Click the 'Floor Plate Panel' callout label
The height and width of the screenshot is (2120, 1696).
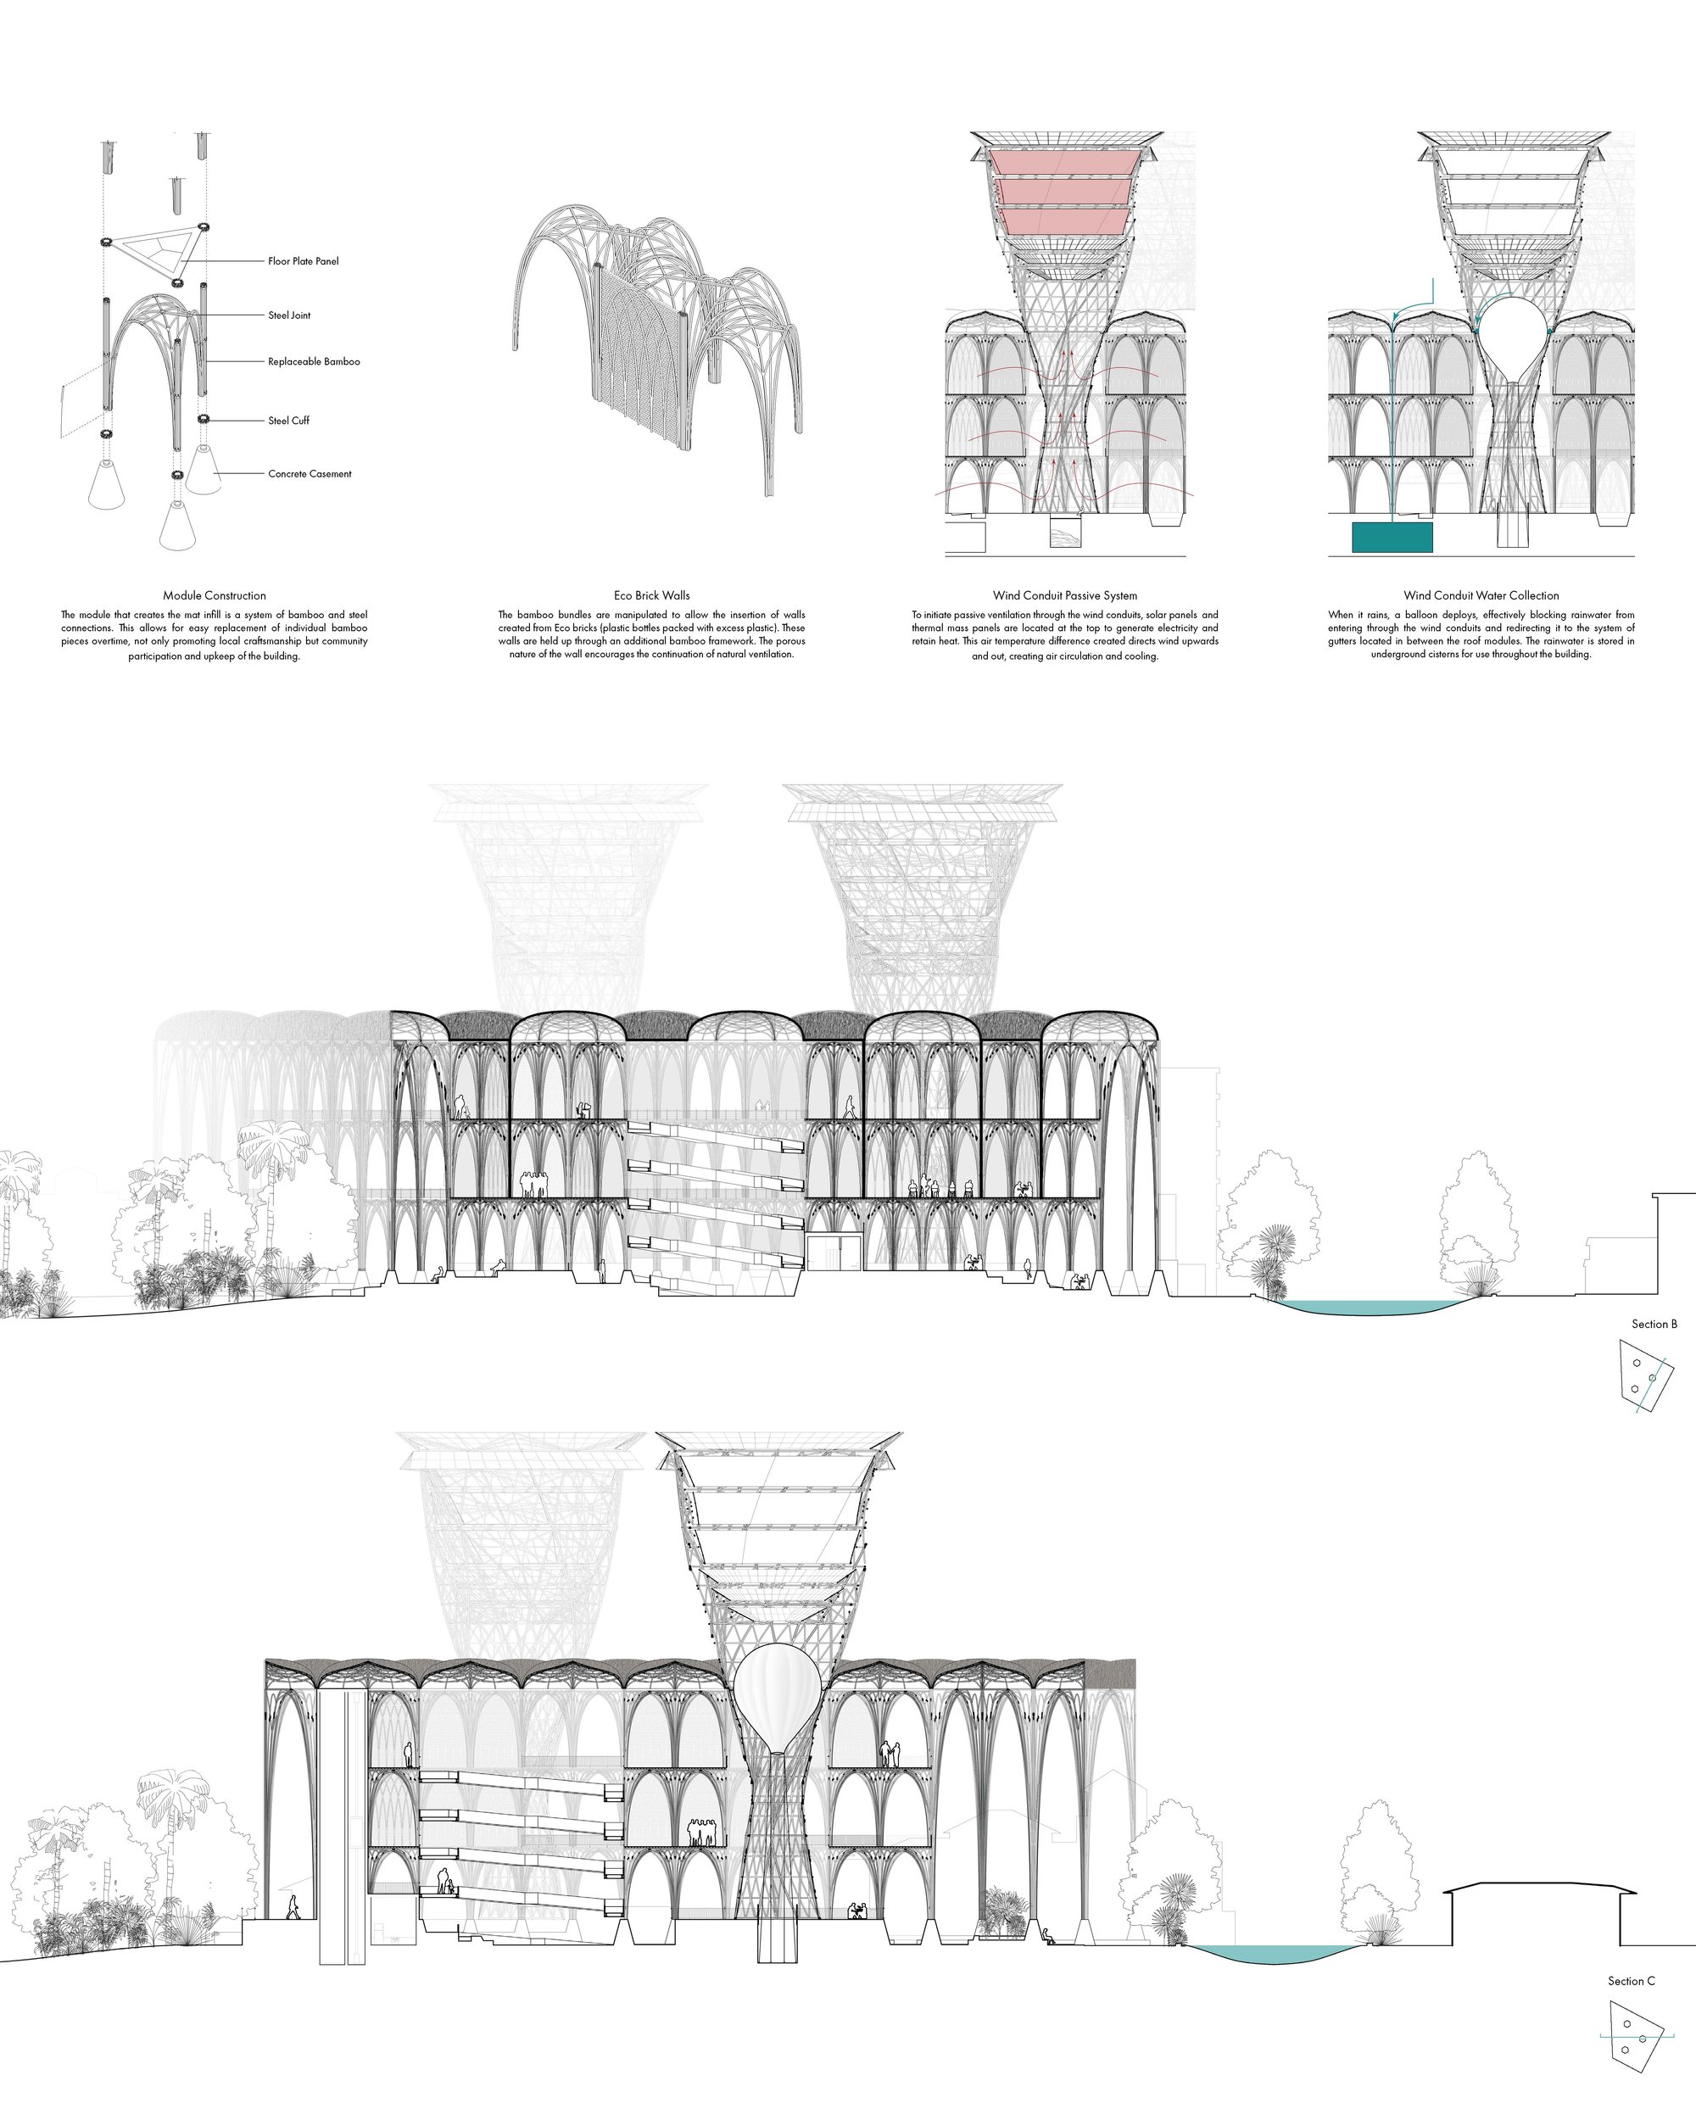303,261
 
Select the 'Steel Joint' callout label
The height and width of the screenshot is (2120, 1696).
289,315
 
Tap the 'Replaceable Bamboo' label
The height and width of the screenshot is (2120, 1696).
314,362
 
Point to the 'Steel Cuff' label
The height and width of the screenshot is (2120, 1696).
288,421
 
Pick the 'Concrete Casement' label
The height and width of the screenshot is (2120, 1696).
310,474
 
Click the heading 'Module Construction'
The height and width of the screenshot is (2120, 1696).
215,596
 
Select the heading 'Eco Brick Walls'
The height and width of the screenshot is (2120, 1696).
652,596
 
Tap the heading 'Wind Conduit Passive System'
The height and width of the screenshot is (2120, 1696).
1065,596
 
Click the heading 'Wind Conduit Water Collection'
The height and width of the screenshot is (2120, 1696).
1481,596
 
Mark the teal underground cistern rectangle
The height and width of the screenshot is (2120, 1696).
1392,538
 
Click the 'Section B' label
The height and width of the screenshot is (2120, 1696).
1654,1325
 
